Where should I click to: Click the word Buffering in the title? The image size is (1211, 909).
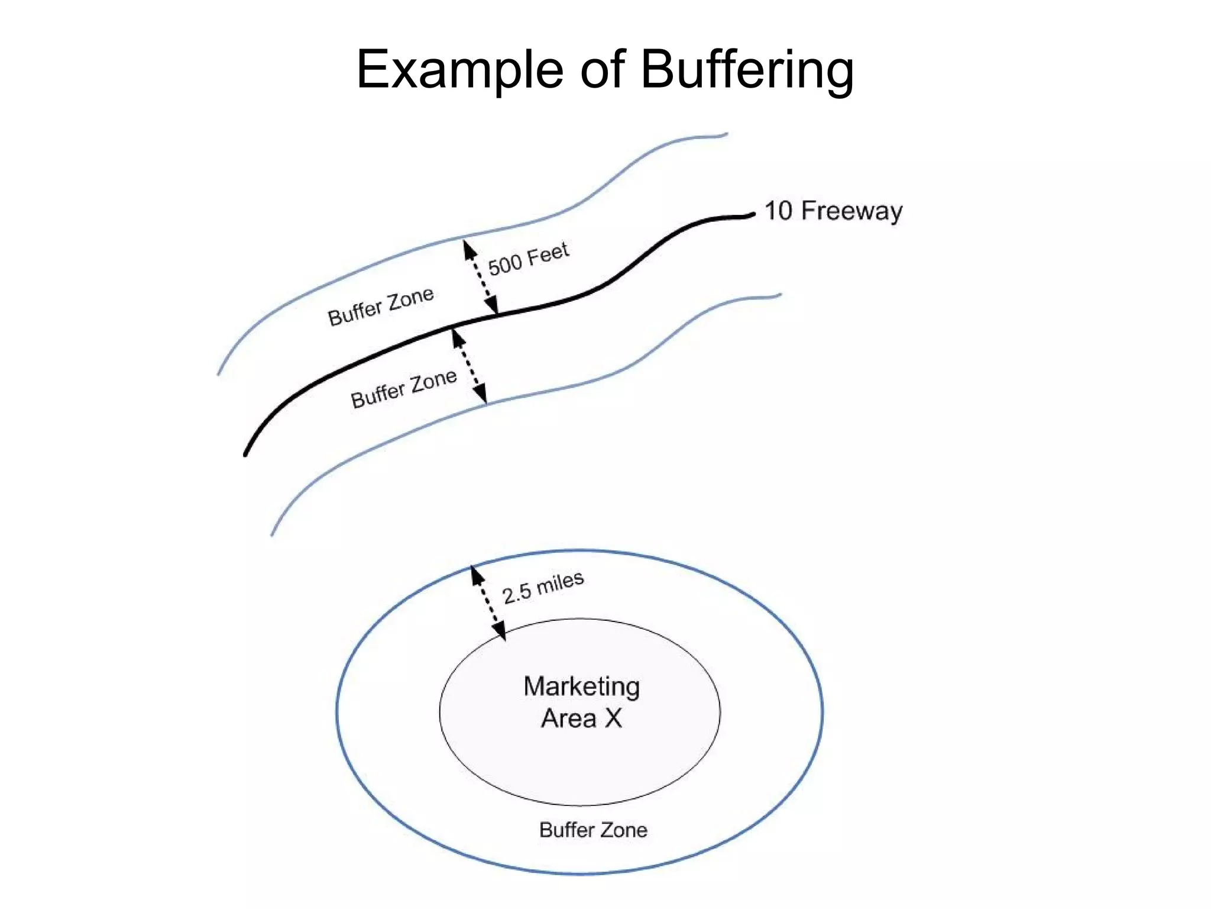(x=746, y=70)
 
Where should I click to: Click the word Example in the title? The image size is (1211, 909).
(x=459, y=70)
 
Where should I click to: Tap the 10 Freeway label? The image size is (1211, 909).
(x=833, y=211)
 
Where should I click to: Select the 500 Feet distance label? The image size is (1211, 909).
(x=528, y=259)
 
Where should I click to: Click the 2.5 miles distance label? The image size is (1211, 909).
(x=543, y=587)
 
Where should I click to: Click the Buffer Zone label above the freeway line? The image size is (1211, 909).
(x=381, y=307)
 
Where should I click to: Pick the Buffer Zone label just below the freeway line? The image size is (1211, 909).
(x=404, y=388)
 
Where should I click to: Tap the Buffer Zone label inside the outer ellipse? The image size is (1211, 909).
(x=593, y=830)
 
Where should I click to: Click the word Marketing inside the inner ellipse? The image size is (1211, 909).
(x=581, y=686)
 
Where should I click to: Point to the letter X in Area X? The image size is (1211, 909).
(x=613, y=718)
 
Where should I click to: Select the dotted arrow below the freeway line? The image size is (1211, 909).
(x=469, y=366)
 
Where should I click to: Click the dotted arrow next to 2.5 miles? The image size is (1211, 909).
(x=488, y=602)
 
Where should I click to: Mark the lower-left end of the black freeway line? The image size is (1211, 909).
(x=246, y=453)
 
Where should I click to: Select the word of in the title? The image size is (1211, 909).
(x=602, y=70)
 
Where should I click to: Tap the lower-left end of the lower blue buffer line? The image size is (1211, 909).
(x=273, y=534)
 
